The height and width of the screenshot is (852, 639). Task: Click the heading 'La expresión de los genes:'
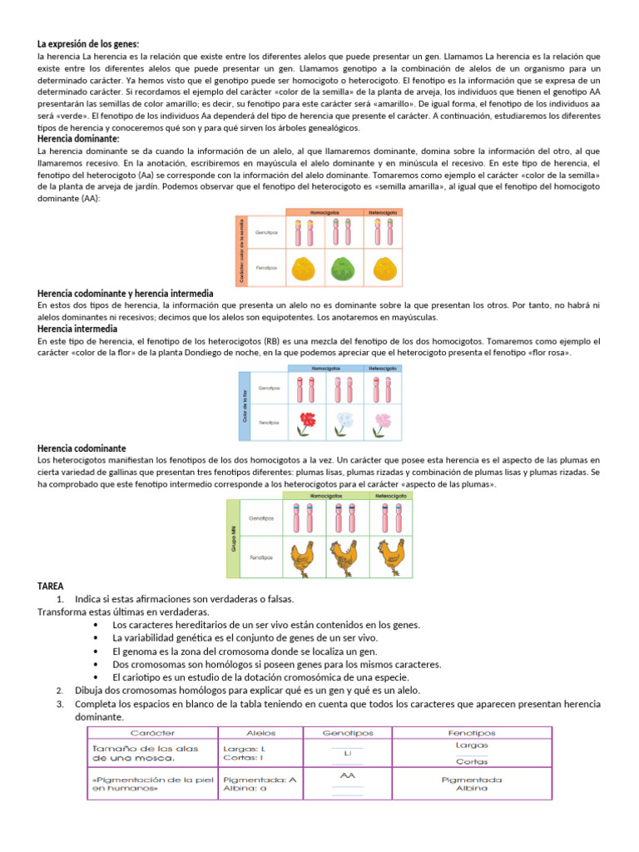(x=88, y=43)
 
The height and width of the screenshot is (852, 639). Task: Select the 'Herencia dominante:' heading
(x=78, y=139)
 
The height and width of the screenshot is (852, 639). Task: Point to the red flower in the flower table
(x=307, y=420)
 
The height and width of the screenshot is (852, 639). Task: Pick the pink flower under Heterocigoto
(x=383, y=420)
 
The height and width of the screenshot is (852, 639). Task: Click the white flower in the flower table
(x=345, y=420)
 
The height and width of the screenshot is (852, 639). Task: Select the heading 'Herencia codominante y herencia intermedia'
(x=126, y=294)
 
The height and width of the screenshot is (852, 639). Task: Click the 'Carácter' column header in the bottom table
(x=152, y=733)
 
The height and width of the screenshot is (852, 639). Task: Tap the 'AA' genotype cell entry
(x=348, y=775)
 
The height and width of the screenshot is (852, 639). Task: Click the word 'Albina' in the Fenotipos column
(x=471, y=788)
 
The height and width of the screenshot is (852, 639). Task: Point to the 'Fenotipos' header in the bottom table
(x=471, y=733)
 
